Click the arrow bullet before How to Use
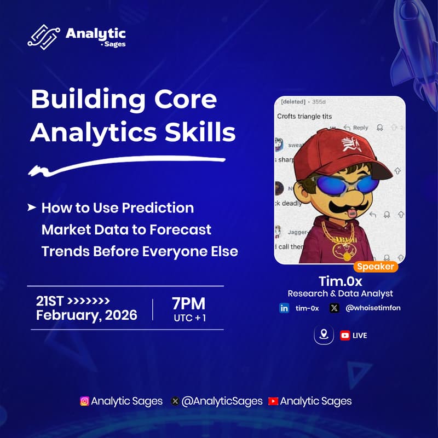32,208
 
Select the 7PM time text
188,303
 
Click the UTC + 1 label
189,318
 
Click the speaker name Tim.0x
339,281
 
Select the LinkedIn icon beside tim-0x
284,308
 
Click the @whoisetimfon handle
373,308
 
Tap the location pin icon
324,335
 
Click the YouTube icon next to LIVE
345,335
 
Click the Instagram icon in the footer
85,401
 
